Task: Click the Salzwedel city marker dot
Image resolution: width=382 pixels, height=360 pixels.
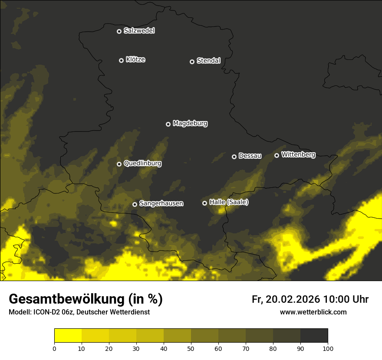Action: point(119,31)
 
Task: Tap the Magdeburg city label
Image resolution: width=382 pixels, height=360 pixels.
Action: point(190,124)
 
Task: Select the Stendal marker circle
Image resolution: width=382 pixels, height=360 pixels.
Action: point(192,62)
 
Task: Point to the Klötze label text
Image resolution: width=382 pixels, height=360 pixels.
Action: point(135,60)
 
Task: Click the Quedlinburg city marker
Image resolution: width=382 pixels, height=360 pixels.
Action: point(119,164)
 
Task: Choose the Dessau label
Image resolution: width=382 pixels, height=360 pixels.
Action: point(250,156)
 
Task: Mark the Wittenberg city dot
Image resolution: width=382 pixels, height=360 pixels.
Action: point(277,155)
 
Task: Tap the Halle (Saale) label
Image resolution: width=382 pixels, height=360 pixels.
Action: point(229,202)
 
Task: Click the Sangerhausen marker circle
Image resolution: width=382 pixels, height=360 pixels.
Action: point(135,204)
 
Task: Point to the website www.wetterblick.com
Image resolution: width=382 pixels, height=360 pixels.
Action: point(313,312)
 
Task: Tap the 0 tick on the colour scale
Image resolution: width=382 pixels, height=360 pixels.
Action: point(54,348)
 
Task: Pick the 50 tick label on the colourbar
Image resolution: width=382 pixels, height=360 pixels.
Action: point(191,348)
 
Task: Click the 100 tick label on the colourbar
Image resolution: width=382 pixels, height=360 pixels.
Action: point(328,348)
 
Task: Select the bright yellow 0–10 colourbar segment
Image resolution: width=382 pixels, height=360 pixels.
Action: point(68,336)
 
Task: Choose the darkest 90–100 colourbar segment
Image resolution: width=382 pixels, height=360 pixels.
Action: point(314,336)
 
